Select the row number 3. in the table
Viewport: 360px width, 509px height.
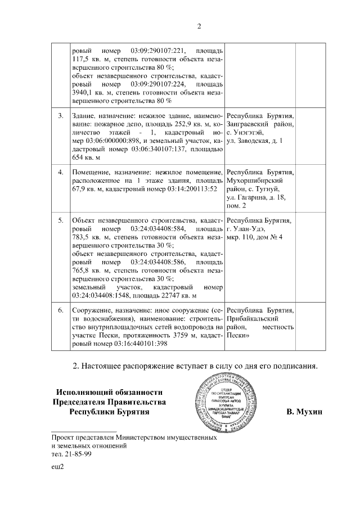coord(60,115)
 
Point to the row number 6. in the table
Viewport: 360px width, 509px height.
coord(60,310)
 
